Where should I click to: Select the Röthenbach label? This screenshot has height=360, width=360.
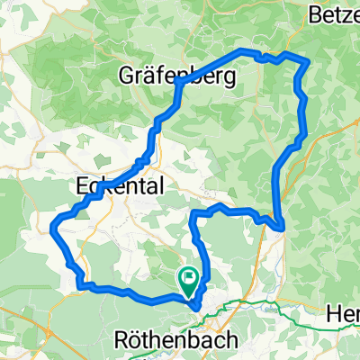click(x=177, y=341)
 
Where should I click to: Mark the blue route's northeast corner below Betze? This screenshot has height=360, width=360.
click(x=307, y=61)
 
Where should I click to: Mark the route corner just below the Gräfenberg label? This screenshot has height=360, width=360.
click(x=180, y=84)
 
